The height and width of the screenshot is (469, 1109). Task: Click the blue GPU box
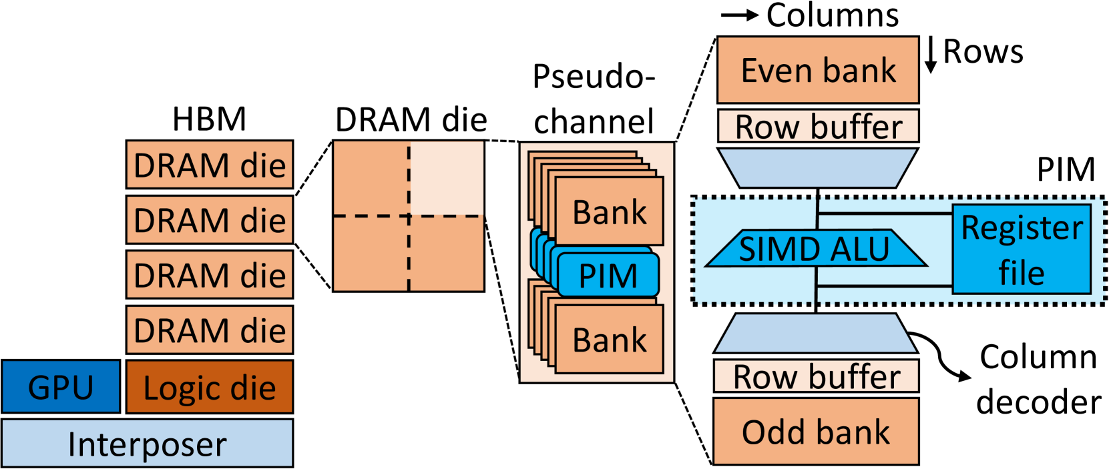pos(61,387)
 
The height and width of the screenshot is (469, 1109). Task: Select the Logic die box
pos(209,387)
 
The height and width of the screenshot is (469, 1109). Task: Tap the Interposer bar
pos(147,444)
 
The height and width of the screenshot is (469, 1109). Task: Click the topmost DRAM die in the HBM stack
pos(209,165)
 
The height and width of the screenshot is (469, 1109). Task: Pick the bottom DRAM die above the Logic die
pos(209,330)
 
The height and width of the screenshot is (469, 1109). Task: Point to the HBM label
pos(209,119)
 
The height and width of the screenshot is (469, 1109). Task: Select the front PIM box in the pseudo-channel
pos(608,275)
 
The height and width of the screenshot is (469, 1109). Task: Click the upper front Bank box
pos(609,212)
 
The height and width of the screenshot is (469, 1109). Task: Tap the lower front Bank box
pos(609,340)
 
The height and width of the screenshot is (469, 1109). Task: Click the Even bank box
pos(818,70)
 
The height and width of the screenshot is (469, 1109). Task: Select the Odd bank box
pos(816,432)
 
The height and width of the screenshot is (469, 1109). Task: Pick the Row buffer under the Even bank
pos(818,126)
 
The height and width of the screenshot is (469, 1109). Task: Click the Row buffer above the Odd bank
pos(816,377)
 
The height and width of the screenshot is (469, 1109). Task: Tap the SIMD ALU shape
pos(815,249)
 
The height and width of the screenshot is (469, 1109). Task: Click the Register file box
pos(1022,249)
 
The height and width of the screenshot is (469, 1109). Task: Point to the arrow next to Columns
pos(740,15)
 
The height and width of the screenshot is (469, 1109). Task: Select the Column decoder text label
pos(1038,379)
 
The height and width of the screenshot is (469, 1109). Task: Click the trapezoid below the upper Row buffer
pos(818,167)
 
